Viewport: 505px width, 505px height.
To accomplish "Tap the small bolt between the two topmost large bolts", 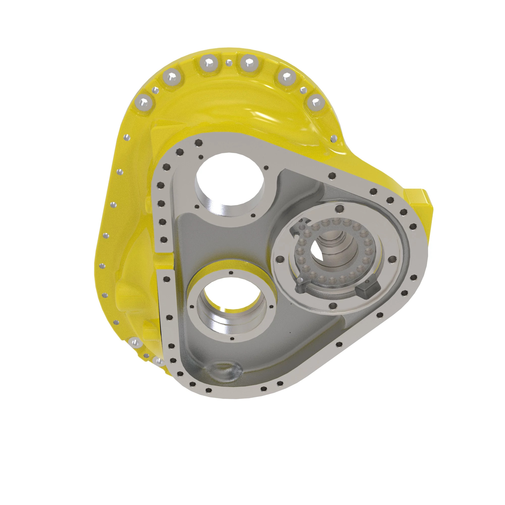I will [x=229, y=62].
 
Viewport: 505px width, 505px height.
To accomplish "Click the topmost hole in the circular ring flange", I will [x=339, y=208].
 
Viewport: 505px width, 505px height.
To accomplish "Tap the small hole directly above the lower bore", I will [x=231, y=273].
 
